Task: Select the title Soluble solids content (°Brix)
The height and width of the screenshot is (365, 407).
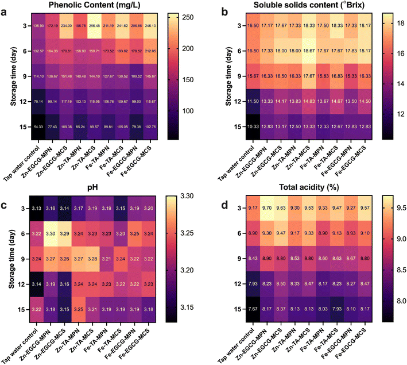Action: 304,6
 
